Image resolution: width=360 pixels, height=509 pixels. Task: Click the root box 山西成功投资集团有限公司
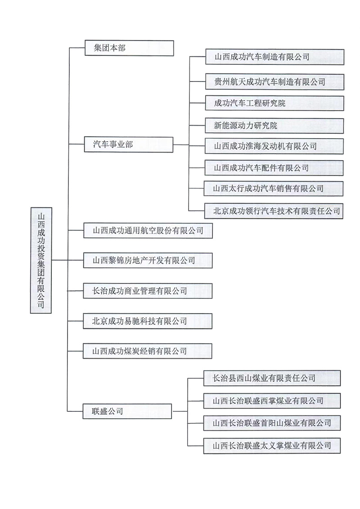click(x=41, y=260)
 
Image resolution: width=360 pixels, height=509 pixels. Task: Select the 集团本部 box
click(x=129, y=48)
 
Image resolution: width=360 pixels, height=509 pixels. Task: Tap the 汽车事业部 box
click(x=129, y=144)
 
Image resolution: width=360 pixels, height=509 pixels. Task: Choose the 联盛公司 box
click(x=128, y=411)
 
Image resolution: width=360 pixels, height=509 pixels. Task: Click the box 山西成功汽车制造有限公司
click(x=274, y=57)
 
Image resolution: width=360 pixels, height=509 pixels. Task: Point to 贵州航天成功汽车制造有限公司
click(x=274, y=81)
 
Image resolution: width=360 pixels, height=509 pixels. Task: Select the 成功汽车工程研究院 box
click(x=274, y=104)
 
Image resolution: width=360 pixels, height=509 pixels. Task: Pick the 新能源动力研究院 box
click(x=274, y=126)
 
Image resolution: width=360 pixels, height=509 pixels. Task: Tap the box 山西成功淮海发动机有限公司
click(x=274, y=146)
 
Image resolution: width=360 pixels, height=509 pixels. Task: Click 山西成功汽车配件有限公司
click(x=274, y=168)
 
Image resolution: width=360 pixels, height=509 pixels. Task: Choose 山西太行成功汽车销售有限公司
click(x=274, y=189)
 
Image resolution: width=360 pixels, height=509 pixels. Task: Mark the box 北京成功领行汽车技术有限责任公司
click(x=274, y=211)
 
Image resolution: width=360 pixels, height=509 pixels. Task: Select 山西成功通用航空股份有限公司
click(x=148, y=231)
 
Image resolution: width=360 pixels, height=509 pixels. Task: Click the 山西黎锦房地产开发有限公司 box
click(x=148, y=260)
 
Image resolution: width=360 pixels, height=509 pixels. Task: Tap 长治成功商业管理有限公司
click(x=148, y=291)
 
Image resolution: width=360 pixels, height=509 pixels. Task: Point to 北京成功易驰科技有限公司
click(x=148, y=321)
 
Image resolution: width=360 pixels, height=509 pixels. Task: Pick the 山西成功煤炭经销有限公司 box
click(x=148, y=351)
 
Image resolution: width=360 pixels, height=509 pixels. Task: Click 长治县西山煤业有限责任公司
click(x=272, y=378)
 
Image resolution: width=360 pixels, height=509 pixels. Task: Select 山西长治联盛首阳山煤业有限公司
click(x=272, y=423)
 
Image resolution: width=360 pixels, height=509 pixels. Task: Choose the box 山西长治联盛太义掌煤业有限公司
click(x=272, y=446)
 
